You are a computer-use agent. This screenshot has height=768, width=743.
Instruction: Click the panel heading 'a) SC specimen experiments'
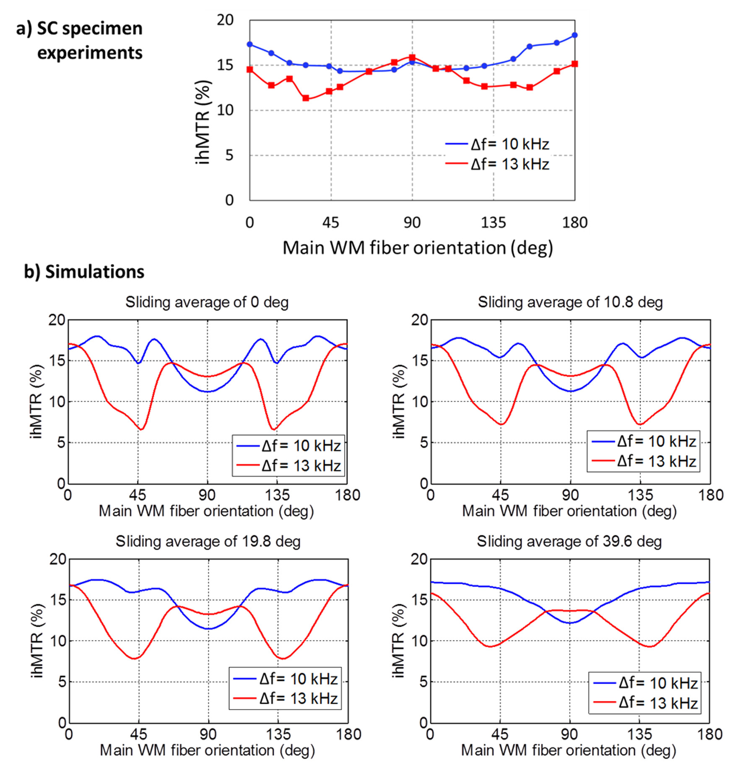tap(80, 41)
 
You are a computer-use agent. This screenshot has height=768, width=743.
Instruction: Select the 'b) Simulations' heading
tap(84, 272)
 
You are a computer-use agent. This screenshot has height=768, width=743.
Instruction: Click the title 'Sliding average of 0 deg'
tap(207, 302)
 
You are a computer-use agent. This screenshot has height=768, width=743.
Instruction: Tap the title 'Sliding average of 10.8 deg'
tap(570, 302)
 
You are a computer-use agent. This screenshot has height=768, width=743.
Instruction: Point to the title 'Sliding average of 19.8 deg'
tap(208, 542)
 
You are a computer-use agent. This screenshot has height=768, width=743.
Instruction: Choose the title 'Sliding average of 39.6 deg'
tap(569, 542)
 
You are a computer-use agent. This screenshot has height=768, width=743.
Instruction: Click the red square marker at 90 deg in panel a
tap(412, 57)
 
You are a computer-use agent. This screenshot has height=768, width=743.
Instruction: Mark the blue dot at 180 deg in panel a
tap(574, 35)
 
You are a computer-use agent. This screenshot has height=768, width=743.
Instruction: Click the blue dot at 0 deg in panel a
tap(250, 44)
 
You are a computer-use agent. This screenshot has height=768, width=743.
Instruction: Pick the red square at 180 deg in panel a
tap(574, 64)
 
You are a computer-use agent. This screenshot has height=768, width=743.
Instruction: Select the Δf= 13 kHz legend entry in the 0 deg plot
tap(289, 466)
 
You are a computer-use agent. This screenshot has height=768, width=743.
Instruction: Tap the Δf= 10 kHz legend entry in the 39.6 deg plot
tap(645, 683)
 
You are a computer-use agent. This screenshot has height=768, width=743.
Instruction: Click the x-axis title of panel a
tap(418, 248)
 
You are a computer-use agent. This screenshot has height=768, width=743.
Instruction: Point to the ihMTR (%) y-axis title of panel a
tap(203, 122)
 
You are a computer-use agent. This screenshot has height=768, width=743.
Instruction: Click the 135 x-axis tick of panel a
tap(493, 223)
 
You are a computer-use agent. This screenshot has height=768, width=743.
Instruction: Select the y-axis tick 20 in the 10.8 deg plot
tap(419, 320)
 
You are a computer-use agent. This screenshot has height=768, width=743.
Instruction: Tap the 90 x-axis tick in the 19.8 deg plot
tap(208, 734)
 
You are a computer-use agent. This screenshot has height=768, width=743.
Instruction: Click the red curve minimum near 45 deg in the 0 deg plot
tap(141, 429)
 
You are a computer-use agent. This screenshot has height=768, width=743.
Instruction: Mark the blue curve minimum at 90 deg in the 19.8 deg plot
tap(208, 628)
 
